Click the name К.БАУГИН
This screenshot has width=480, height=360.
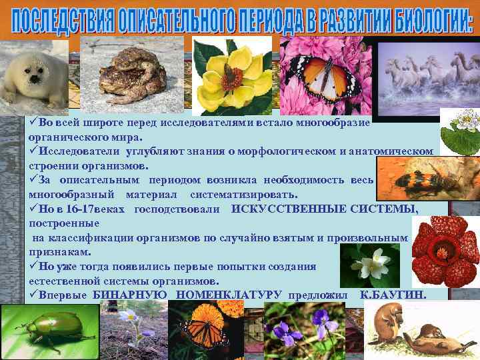(393, 295)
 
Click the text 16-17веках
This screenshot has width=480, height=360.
(97, 209)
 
